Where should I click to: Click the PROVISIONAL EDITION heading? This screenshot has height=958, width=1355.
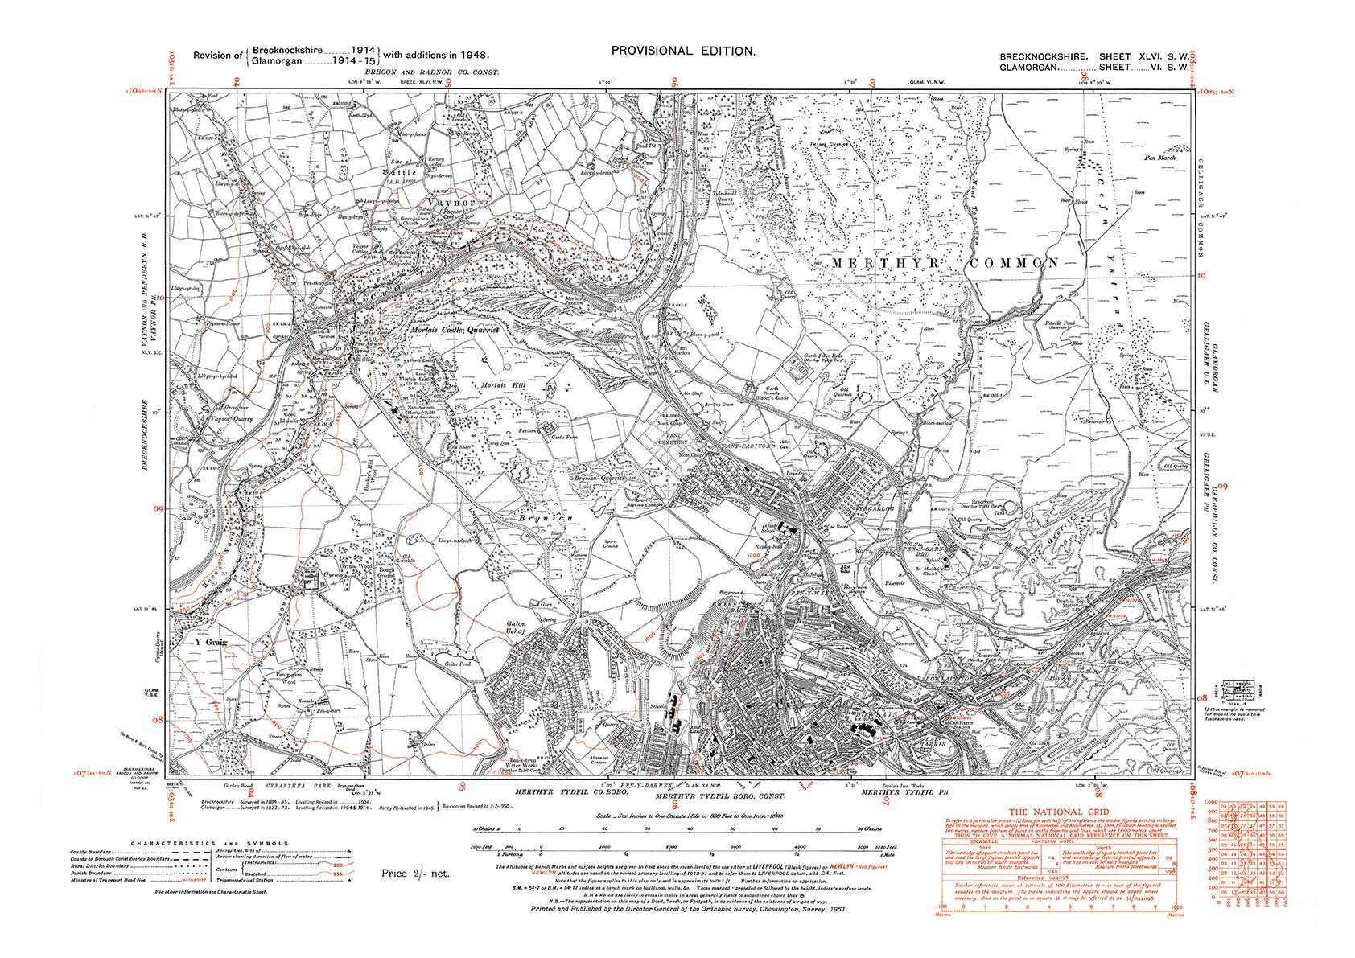pyautogui.click(x=683, y=51)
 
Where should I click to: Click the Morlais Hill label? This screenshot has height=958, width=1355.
pyautogui.click(x=502, y=386)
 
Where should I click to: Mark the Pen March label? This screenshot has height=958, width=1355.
pyautogui.click(x=1159, y=158)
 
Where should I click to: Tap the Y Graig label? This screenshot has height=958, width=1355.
pyautogui.click(x=211, y=642)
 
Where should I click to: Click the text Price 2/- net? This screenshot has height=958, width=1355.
pyautogui.click(x=415, y=873)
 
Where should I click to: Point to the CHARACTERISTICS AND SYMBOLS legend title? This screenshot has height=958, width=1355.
pyautogui.click(x=209, y=844)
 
